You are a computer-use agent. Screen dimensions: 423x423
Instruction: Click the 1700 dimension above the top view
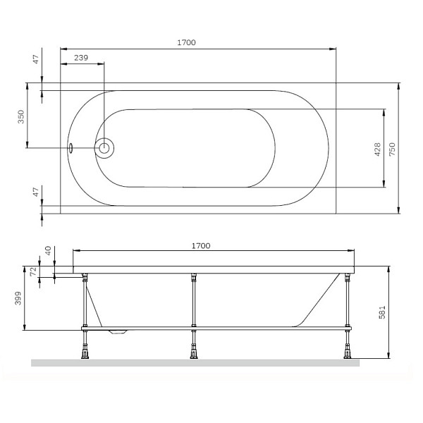click(186, 42)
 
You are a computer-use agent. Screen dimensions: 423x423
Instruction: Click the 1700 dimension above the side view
click(201, 246)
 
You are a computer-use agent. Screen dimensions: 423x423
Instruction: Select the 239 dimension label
click(81, 58)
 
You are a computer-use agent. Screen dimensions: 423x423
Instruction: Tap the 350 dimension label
click(21, 116)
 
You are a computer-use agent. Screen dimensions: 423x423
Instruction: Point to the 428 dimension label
click(378, 149)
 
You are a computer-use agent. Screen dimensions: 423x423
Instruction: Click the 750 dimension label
click(392, 149)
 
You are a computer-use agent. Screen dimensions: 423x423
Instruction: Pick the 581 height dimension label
click(382, 312)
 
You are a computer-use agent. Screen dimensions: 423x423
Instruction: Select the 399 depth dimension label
click(18, 298)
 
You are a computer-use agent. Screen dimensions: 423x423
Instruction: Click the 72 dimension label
click(33, 271)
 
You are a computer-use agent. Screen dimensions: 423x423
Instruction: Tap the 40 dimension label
click(48, 251)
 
